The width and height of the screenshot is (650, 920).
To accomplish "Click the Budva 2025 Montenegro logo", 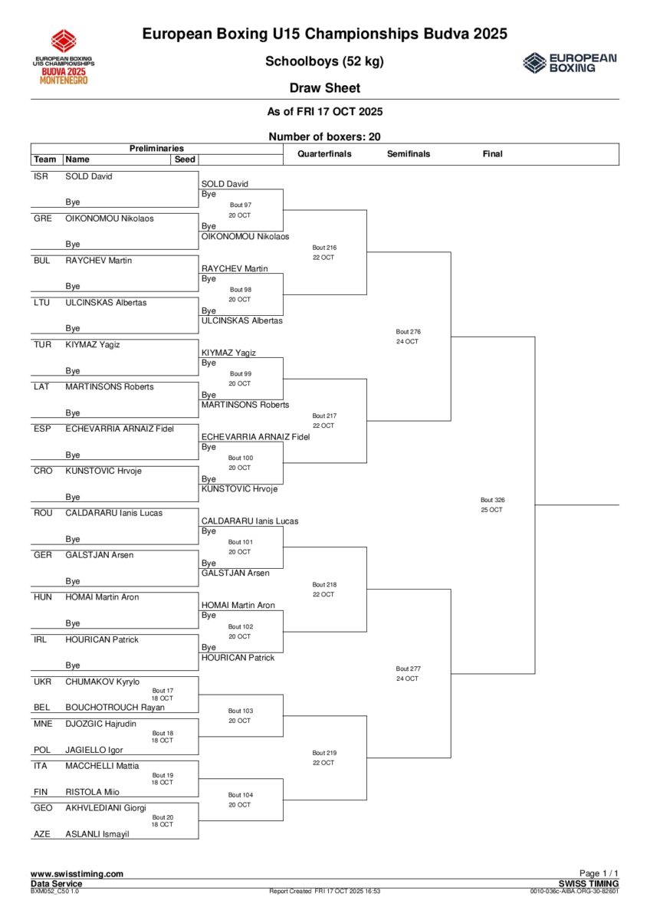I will click(64, 57).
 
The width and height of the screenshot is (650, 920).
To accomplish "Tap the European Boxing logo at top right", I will click(570, 63).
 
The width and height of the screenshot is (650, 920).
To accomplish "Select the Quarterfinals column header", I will click(324, 154).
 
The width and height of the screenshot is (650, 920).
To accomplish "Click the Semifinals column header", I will click(409, 154).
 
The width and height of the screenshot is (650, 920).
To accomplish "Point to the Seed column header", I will click(185, 159).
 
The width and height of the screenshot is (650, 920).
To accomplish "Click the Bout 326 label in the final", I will click(492, 500).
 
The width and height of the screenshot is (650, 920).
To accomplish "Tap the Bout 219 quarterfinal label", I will click(324, 753).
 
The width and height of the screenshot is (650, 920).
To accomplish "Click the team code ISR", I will click(41, 176).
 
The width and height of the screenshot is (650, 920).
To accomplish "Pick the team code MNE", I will click(43, 723).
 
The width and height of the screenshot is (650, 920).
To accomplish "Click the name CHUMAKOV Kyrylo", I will click(102, 681).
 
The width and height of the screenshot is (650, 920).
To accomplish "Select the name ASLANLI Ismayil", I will click(97, 834).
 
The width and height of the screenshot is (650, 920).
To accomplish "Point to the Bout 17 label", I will click(162, 690).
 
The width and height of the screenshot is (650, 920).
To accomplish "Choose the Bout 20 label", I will click(162, 817).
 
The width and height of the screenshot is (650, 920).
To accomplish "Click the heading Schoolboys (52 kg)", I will click(324, 61).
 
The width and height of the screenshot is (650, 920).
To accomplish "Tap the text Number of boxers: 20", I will click(324, 136).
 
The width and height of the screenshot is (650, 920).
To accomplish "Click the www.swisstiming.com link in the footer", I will click(77, 874).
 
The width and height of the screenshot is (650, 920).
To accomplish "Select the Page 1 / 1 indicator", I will click(599, 874).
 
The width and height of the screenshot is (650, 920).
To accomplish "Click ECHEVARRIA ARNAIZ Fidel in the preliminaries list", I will click(119, 429).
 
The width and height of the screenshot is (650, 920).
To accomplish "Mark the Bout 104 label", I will click(239, 795).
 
